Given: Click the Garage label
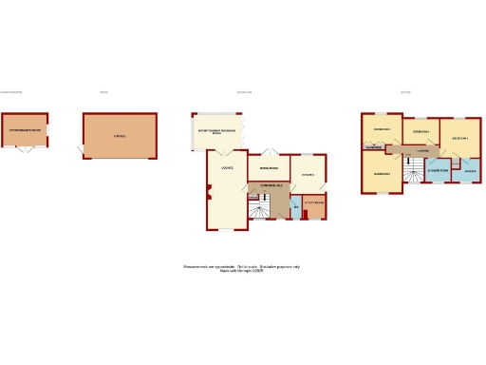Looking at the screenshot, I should click(121, 137).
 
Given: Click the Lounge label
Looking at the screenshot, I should click(227, 169).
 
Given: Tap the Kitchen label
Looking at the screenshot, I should click(308, 175).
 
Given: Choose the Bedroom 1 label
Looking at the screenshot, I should click(460, 138).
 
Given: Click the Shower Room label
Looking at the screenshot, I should click(438, 173).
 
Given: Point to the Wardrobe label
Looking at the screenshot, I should click(373, 148).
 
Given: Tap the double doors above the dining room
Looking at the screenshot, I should click(269, 152).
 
